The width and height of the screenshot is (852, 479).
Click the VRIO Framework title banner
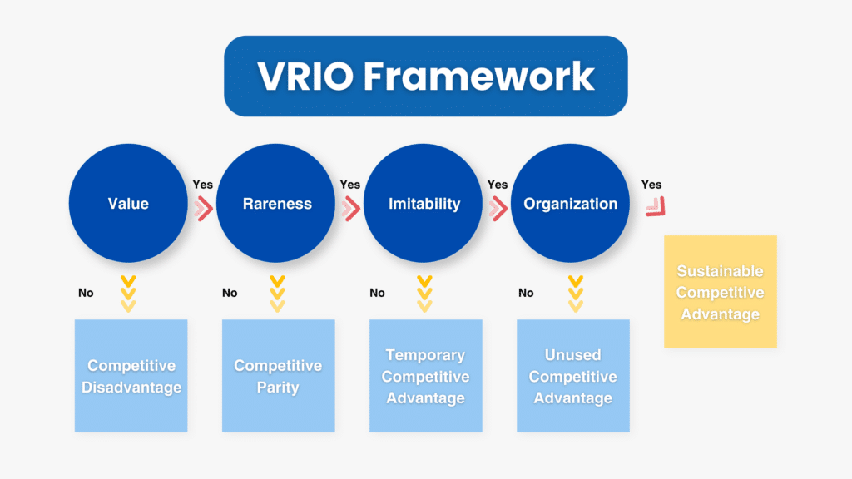[425, 76]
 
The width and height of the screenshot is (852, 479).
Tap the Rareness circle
[278, 204]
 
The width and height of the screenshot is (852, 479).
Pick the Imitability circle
[425, 204]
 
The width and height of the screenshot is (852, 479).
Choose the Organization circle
[571, 204]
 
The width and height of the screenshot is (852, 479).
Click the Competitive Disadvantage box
[131, 376]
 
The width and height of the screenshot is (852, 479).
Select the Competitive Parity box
[278, 376]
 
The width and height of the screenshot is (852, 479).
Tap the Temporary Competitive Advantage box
[425, 376]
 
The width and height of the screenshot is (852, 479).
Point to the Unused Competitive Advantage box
[572, 376]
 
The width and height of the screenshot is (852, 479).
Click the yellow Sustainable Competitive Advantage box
[720, 292]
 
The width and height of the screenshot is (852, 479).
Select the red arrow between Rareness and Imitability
[351, 209]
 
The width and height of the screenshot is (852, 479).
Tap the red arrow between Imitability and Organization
[498, 209]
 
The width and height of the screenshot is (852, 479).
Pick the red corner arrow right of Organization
[656, 207]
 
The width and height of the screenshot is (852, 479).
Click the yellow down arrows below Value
[128, 294]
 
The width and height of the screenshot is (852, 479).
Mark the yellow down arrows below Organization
[574, 294]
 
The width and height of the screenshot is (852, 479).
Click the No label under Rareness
[230, 293]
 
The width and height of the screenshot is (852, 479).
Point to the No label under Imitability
[377, 293]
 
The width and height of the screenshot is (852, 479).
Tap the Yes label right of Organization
[651, 185]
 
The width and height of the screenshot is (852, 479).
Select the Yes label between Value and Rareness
[203, 185]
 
